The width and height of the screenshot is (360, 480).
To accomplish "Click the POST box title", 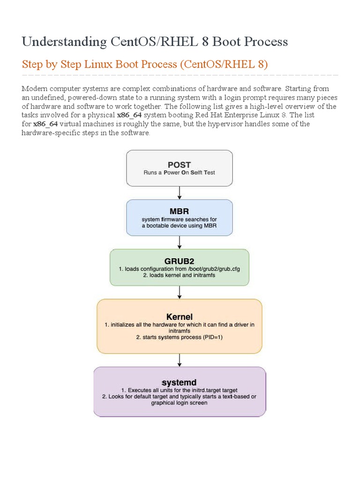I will [180, 165].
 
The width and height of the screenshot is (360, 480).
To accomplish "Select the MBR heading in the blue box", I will [180, 211].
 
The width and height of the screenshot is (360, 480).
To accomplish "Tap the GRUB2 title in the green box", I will [180, 261].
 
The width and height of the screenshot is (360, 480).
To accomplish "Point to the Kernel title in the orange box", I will [180, 316].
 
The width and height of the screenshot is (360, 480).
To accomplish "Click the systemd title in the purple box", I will [180, 382].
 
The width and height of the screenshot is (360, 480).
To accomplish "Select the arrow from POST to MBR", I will [180, 193].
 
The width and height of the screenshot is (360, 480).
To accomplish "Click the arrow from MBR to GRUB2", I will [180, 242].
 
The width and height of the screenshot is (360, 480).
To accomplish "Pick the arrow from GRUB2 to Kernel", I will [180, 292].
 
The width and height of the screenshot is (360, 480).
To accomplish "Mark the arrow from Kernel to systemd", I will [180, 360].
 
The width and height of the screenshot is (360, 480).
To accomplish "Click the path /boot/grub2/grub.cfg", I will [213, 269].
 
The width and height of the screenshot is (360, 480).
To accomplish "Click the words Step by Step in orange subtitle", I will [52, 64].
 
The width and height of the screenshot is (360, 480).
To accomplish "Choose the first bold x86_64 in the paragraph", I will [129, 115].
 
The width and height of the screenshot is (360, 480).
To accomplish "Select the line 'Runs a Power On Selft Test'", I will [180, 172].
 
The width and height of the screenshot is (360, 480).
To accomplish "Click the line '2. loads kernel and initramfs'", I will [180, 275].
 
